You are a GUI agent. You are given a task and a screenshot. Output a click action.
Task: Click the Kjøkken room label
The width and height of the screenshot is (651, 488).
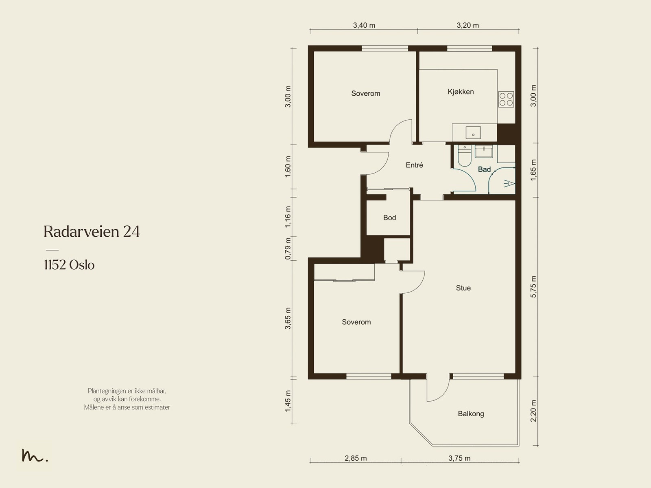pyautogui.click(x=461, y=92)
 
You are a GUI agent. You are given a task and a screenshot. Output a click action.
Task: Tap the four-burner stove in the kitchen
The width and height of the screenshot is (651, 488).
pyautogui.click(x=506, y=99)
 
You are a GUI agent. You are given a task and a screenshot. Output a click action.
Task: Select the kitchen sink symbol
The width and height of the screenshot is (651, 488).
pyautogui.click(x=473, y=133)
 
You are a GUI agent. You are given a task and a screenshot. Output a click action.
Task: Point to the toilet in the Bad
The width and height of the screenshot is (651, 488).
pyautogui.click(x=465, y=156)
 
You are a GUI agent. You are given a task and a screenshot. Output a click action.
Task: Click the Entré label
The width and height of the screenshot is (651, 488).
pyautogui.click(x=414, y=165)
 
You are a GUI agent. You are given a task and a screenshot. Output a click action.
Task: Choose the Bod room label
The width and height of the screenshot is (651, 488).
pyautogui.click(x=389, y=218)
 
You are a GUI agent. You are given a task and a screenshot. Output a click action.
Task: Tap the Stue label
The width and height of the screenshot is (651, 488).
pyautogui.click(x=463, y=288)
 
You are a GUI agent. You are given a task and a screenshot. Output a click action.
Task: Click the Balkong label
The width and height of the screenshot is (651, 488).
pyautogui.click(x=471, y=414)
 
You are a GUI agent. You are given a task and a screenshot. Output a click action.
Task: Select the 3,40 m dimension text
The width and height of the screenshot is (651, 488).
pyautogui.click(x=364, y=26)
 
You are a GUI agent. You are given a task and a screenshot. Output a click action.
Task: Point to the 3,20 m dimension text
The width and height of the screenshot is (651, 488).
pyautogui.click(x=468, y=26)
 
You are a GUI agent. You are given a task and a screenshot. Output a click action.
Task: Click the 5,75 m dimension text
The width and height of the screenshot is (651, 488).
pyautogui.click(x=533, y=287)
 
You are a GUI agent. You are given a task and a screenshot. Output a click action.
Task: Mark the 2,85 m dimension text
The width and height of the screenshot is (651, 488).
pyautogui.click(x=356, y=458)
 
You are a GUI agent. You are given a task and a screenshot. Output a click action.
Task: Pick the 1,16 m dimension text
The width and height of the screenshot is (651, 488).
pyautogui.click(x=288, y=217)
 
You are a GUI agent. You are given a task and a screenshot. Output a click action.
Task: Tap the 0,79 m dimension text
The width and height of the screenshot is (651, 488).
pyautogui.click(x=288, y=249)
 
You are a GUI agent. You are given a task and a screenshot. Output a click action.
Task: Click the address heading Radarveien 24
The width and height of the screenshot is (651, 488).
pyautogui.click(x=92, y=231)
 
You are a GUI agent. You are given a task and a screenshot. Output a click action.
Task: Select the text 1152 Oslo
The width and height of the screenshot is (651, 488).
pyautogui.click(x=69, y=265)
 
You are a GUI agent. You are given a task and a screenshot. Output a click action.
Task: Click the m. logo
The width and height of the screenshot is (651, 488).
pyautogui.click(x=35, y=455)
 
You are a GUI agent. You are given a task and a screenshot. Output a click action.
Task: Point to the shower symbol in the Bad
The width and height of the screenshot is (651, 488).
pyautogui.click(x=509, y=184)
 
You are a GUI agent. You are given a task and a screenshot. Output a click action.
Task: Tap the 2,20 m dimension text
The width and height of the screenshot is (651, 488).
pyautogui.click(x=533, y=411)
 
